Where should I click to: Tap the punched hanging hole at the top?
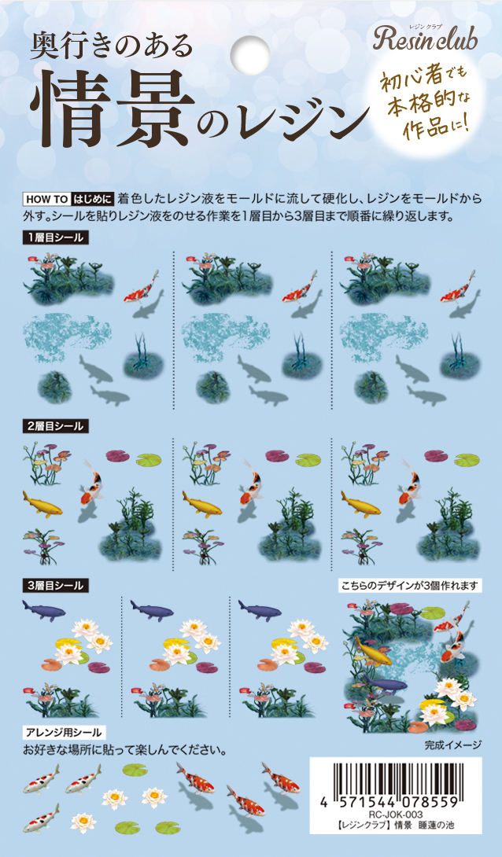pos(250,53)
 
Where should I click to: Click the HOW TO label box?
pos(46,199)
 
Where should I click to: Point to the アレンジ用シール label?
pos(64,733)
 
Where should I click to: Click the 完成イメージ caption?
pos(452,745)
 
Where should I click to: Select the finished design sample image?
pos(411,666)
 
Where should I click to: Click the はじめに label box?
pos(93,199)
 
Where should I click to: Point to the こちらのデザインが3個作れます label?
pos(409,586)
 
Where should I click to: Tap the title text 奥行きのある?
pos(112,46)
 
